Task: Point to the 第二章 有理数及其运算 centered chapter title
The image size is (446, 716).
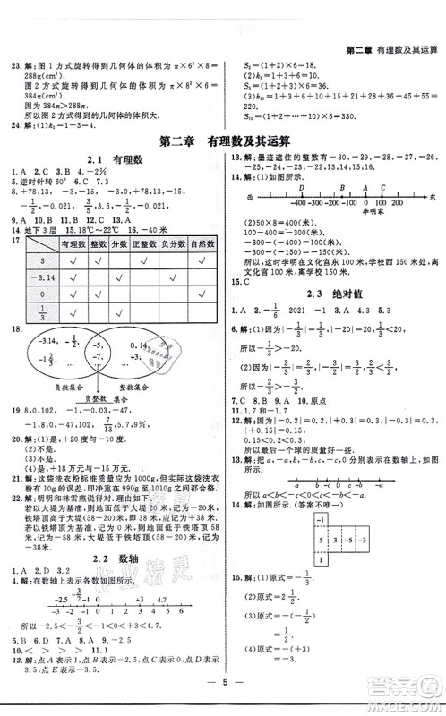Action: click(x=223, y=141)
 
